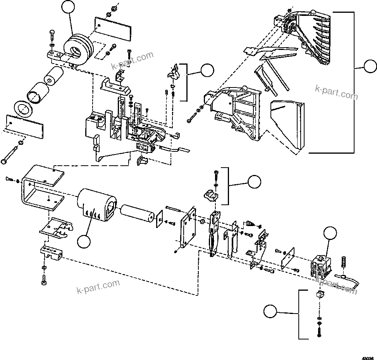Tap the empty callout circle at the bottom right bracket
271,312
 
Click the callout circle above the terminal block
330,234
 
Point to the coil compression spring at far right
343,262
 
